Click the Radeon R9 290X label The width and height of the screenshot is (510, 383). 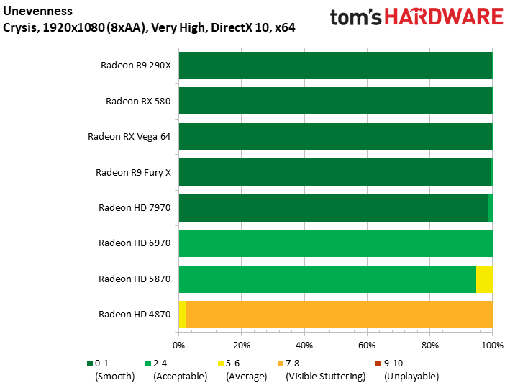click(136, 66)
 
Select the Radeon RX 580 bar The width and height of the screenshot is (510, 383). click(336, 101)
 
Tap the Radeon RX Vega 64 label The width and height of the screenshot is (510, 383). click(129, 137)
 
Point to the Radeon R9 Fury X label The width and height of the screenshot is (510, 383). click(133, 173)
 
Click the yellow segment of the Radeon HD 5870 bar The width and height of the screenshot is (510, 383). click(484, 279)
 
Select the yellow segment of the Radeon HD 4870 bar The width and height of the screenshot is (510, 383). click(182, 315)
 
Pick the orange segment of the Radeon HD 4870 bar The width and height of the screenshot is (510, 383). click(339, 315)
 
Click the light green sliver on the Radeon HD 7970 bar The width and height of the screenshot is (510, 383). click(490, 208)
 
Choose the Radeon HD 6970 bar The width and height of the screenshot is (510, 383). click(336, 243)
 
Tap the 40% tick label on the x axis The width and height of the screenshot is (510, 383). click(304, 346)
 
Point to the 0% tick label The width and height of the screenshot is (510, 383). click(179, 346)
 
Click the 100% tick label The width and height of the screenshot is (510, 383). click(493, 346)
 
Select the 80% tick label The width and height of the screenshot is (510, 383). click(430, 346)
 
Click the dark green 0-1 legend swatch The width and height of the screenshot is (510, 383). click(90, 364)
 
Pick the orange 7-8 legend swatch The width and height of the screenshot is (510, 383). click(281, 364)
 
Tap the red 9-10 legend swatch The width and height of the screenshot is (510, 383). click(378, 364)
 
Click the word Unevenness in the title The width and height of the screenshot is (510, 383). click(37, 11)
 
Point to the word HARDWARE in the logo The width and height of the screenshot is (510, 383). click(444, 17)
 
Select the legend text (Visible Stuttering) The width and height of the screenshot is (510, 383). click(326, 377)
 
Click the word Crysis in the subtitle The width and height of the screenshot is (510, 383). click(19, 28)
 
